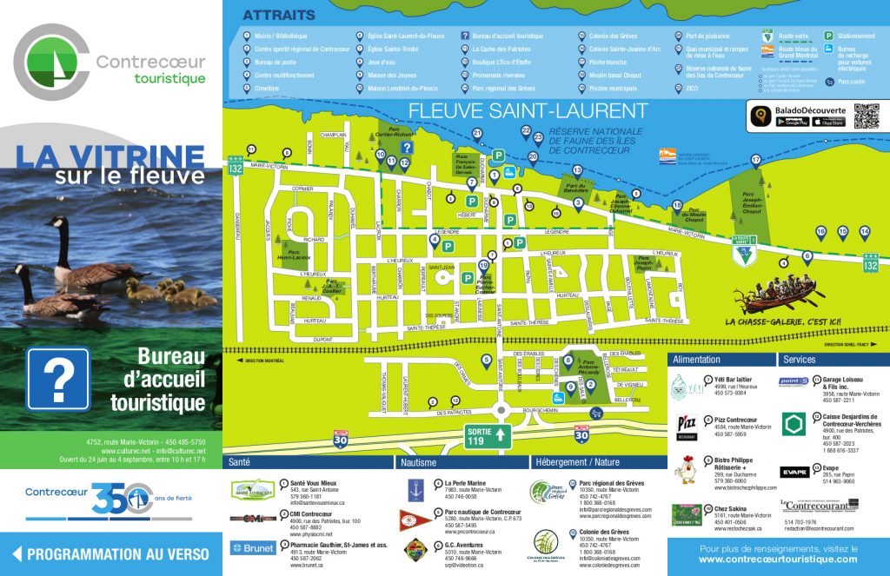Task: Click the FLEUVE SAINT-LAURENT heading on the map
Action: tap(528, 111)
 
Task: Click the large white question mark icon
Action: tap(58, 379)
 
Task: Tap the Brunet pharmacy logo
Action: tap(253, 548)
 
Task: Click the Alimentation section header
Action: tap(697, 359)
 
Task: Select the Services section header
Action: tap(799, 359)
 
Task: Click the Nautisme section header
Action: tap(418, 462)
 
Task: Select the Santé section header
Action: tap(239, 462)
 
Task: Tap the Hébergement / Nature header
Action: tap(578, 462)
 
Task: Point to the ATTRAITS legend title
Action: tap(278, 15)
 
